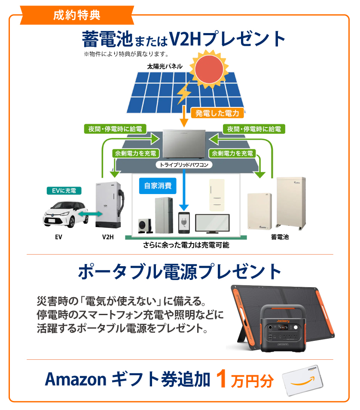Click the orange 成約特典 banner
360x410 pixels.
pyautogui.click(x=77, y=15)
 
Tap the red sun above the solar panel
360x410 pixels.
pyautogui.click(x=209, y=69)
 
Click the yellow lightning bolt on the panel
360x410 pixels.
pyautogui.click(x=184, y=92)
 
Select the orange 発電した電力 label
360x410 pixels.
pyautogui.click(x=217, y=113)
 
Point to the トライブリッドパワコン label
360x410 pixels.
pyautogui.click(x=184, y=165)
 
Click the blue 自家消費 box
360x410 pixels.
pyautogui.click(x=158, y=186)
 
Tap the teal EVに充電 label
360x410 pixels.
pyautogui.click(x=64, y=191)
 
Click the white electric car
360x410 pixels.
pyautogui.click(x=66, y=214)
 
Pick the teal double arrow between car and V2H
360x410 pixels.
pyautogui.click(x=90, y=214)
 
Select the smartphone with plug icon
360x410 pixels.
pyautogui.click(x=184, y=223)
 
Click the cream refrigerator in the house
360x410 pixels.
pyautogui.click(x=217, y=195)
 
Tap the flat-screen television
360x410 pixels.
pyautogui.click(x=213, y=224)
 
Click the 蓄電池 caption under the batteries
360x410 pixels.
pyautogui.click(x=280, y=237)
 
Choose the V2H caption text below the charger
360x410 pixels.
pyautogui.click(x=108, y=237)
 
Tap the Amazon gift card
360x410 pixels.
pyautogui.click(x=303, y=380)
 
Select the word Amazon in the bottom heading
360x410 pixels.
pyautogui.click(x=76, y=380)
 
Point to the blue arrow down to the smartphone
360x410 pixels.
pyautogui.click(x=184, y=190)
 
